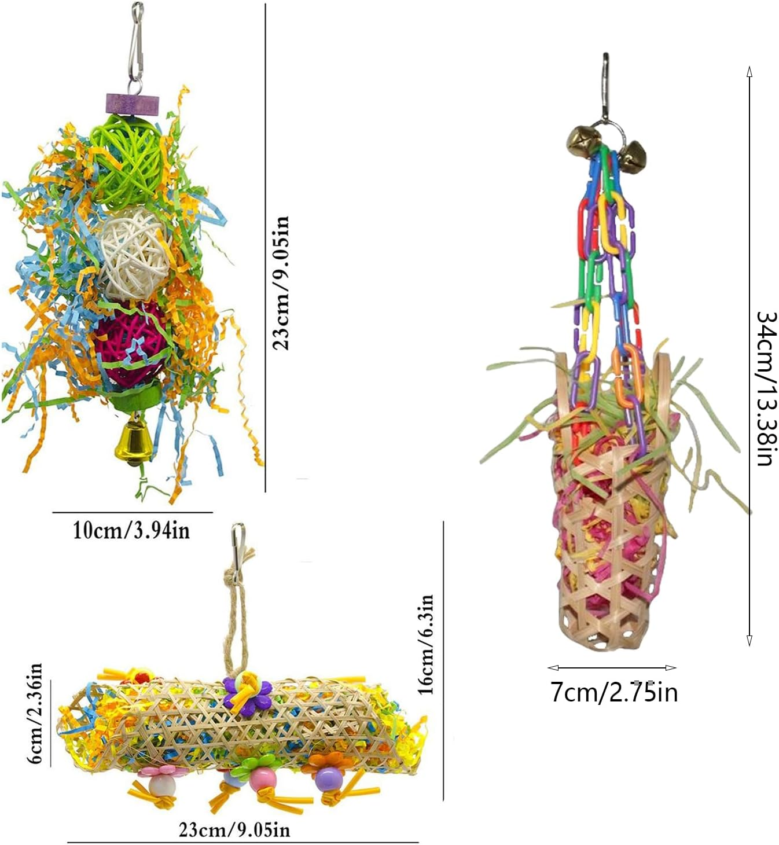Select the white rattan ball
pos(131,252)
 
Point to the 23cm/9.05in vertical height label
pos(282,283)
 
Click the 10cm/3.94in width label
pos(131,530)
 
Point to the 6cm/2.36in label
pos(36,714)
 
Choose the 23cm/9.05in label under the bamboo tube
pos(234,831)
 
